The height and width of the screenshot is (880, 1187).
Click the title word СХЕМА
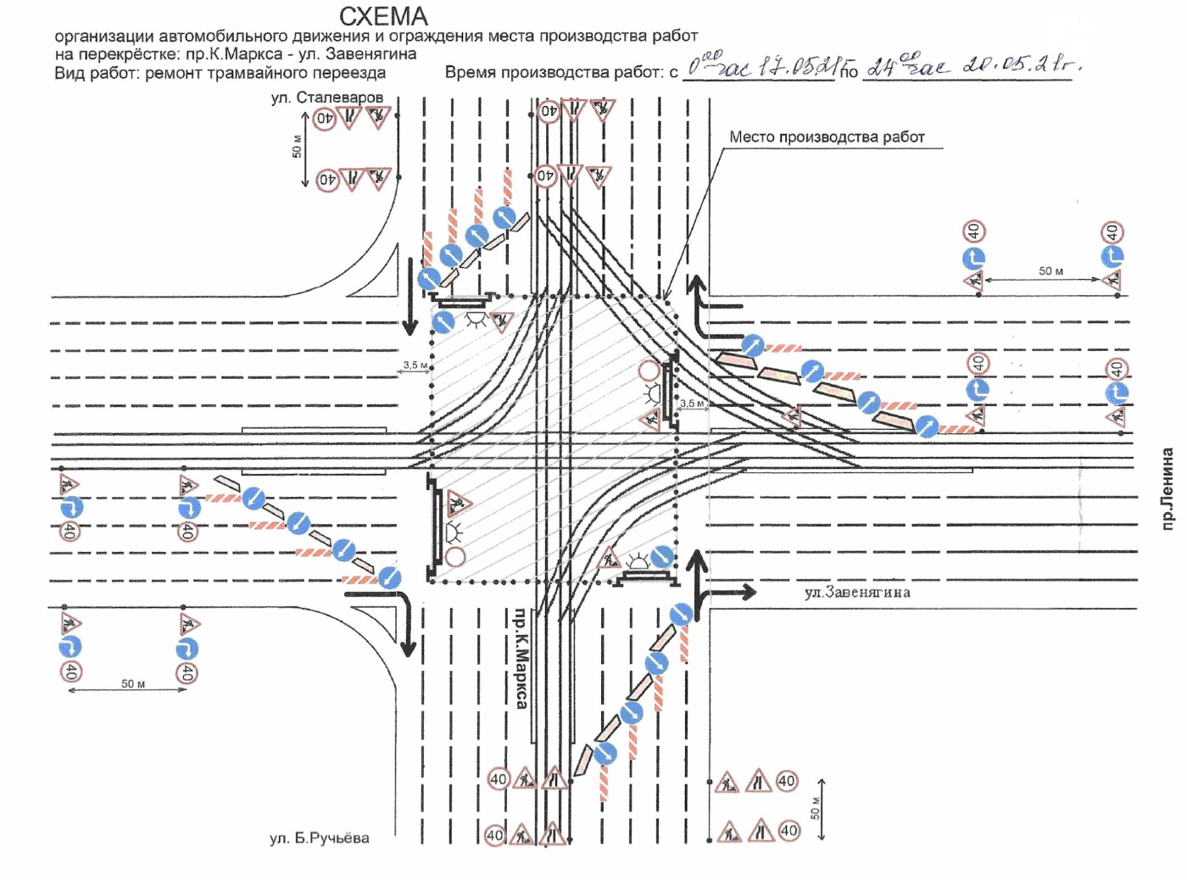click(383, 16)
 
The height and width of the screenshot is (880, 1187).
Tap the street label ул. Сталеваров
click(326, 97)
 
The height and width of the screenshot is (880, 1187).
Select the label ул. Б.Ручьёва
click(319, 838)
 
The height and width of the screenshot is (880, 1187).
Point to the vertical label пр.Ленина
click(1167, 489)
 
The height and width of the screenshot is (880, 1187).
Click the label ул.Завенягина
click(857, 593)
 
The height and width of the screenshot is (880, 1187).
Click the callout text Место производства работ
click(827, 137)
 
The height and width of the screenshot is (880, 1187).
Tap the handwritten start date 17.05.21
click(798, 66)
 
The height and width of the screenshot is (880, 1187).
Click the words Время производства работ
click(554, 73)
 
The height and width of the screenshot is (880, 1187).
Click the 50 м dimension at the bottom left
click(133, 683)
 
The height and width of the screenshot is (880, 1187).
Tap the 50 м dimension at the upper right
click(1050, 271)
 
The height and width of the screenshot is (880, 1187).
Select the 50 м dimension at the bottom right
click(815, 808)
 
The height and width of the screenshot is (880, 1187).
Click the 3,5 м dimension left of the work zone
click(415, 365)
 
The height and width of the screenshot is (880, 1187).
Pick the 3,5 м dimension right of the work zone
click(692, 404)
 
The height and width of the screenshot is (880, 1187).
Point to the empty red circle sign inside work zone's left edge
click(455, 557)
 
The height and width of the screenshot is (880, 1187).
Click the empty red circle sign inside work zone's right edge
click(649, 370)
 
